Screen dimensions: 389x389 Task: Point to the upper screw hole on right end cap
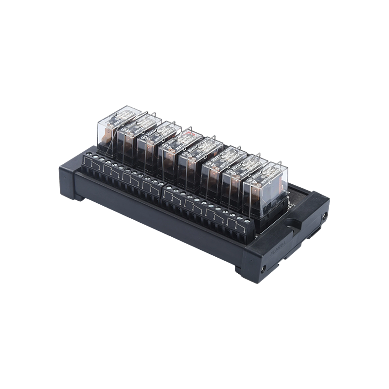tap(322, 213)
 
